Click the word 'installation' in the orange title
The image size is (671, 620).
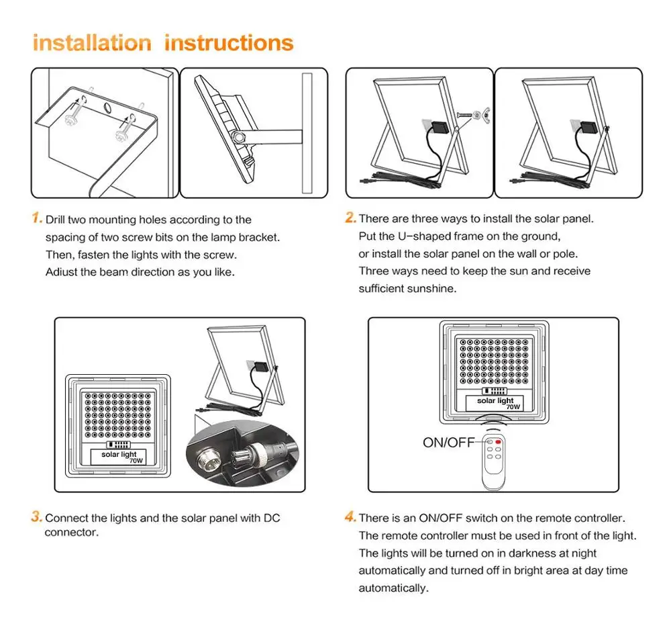(x=92, y=43)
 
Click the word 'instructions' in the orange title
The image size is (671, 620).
(x=229, y=43)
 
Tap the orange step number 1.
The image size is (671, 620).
(x=37, y=219)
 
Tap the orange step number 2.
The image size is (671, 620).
(x=350, y=218)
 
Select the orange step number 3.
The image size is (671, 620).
(x=37, y=517)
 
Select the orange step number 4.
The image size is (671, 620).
(x=350, y=517)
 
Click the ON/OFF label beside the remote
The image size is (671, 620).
(x=448, y=442)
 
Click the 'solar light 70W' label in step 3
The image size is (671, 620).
(x=119, y=457)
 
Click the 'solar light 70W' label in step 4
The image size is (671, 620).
(x=496, y=403)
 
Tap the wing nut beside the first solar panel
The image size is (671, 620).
(x=476, y=116)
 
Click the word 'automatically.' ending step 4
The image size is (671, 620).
(x=393, y=588)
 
